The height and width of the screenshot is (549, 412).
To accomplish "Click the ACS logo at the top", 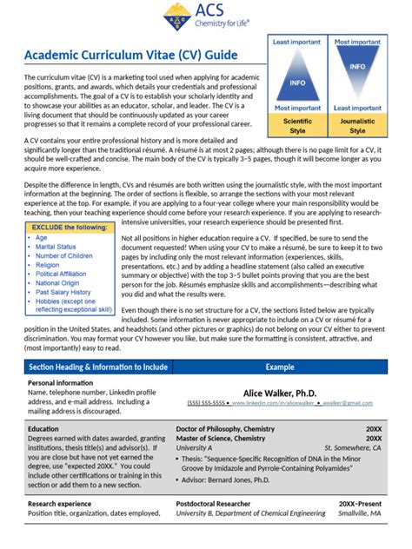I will [206, 15].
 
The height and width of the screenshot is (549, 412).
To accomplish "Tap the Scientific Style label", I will [297, 126].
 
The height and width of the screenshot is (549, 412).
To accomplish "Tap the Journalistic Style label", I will [357, 126].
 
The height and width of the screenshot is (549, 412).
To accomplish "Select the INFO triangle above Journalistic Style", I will [357, 68].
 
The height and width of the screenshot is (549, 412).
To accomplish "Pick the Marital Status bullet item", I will [56, 247].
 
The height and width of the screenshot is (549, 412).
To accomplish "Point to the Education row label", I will [43, 429].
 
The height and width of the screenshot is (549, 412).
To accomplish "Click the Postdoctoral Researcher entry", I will [219, 503].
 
